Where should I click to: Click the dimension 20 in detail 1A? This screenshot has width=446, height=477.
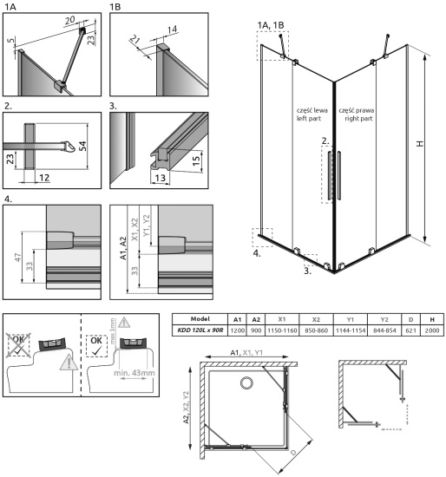coord(69,20)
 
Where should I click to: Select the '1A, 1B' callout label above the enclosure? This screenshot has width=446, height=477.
coord(271,25)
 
